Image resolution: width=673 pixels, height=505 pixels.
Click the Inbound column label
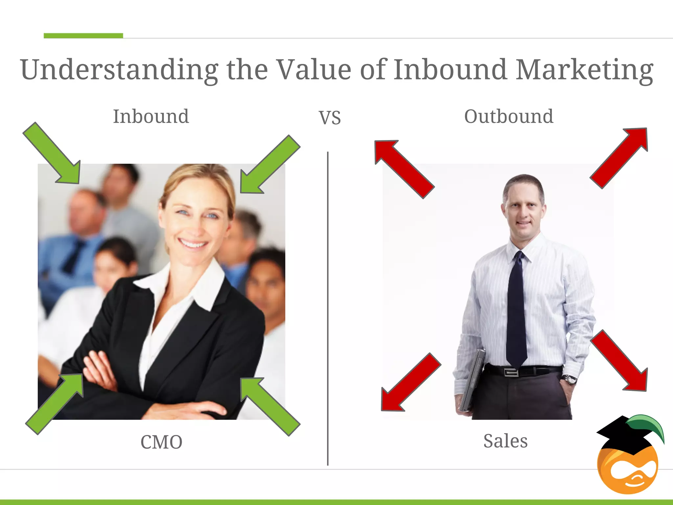151,116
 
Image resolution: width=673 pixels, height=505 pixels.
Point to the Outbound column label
508,116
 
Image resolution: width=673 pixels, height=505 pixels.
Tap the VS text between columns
330,118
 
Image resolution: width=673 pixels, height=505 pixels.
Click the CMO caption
161,442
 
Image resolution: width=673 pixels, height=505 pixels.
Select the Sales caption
505,441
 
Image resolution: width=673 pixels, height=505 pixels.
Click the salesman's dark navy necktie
517,309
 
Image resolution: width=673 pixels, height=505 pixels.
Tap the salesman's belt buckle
512,372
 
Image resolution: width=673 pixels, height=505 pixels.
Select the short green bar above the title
83,36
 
